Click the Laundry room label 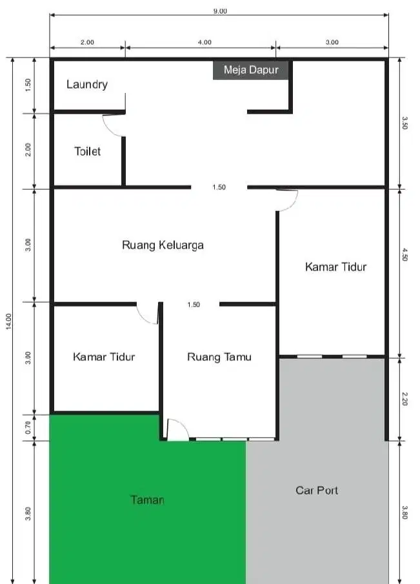click(86, 85)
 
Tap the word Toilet click(87, 152)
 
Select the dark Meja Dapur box click(251, 70)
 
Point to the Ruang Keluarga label click(163, 245)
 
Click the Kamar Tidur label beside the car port click(335, 267)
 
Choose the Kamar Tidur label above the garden click(104, 356)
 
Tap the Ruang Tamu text click(219, 356)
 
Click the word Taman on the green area click(147, 499)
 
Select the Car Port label click(317, 490)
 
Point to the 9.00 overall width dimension click(219, 10)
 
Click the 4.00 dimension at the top click(204, 42)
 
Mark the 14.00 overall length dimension click(8, 321)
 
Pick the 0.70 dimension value click(26, 427)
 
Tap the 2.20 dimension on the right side click(405, 399)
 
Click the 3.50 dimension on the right click(405, 123)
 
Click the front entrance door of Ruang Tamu click(177, 430)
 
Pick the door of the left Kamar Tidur click(148, 314)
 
